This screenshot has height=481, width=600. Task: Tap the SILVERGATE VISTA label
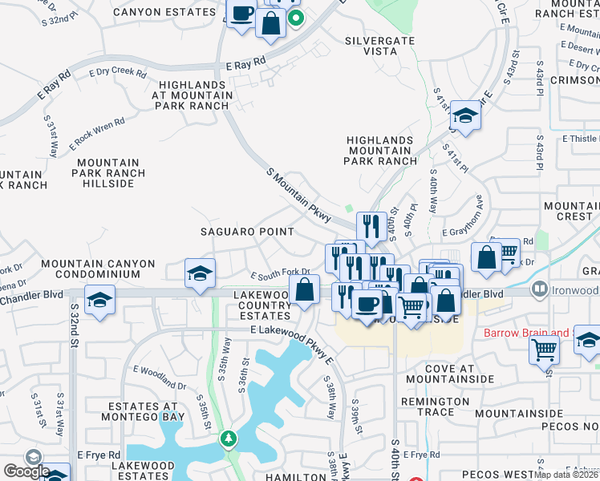click(x=371, y=45)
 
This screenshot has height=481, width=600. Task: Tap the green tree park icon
click(x=229, y=439)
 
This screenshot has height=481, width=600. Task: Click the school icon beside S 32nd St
click(x=99, y=300)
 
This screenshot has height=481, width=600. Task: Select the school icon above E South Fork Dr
click(x=200, y=273)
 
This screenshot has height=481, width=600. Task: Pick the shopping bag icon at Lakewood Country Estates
click(x=304, y=289)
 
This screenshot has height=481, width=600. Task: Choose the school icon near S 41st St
click(x=464, y=115)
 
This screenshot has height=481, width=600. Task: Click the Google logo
click(x=26, y=471)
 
